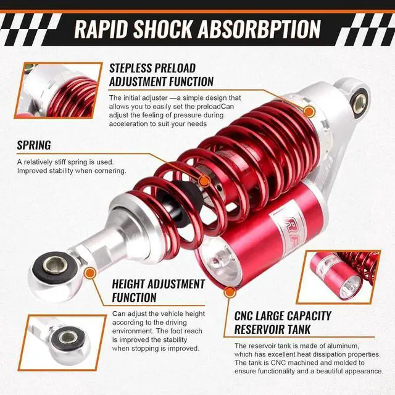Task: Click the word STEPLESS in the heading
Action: [x=134, y=68]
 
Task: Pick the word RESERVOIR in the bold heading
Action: [x=267, y=329]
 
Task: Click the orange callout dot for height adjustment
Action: [x=89, y=273]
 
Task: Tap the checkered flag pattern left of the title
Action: [x=31, y=30]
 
